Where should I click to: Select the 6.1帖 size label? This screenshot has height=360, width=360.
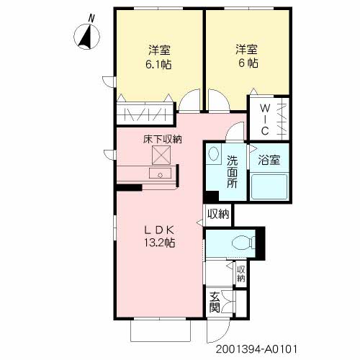[x=159, y=63]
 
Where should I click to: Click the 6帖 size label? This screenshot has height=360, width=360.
[x=246, y=63]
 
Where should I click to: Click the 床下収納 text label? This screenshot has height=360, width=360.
[x=161, y=139]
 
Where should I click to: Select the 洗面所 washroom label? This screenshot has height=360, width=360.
[x=233, y=171]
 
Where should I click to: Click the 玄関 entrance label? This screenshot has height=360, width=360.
[x=215, y=302]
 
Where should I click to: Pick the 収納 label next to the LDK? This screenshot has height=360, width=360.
[x=218, y=213]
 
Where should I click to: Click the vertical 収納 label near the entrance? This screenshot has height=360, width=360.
[x=240, y=273]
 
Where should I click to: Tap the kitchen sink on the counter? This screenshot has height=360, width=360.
[x=156, y=174]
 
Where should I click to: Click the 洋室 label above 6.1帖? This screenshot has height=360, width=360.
[x=159, y=50]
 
